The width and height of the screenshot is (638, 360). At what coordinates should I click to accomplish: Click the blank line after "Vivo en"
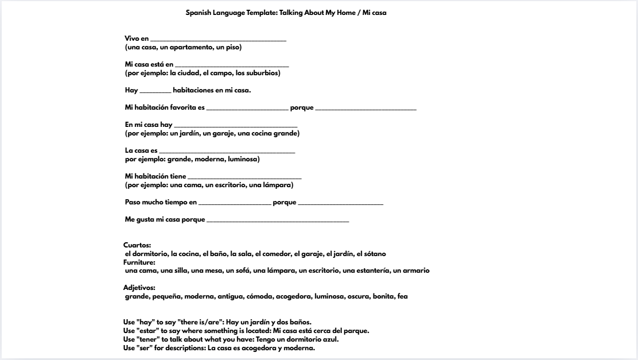(218, 40)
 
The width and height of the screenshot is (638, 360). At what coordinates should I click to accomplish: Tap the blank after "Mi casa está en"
(232, 66)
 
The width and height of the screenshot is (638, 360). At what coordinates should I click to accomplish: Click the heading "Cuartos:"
(137, 246)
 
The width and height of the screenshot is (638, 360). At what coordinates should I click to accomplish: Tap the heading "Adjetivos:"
(139, 288)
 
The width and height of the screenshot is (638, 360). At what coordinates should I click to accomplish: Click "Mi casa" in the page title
(375, 12)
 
